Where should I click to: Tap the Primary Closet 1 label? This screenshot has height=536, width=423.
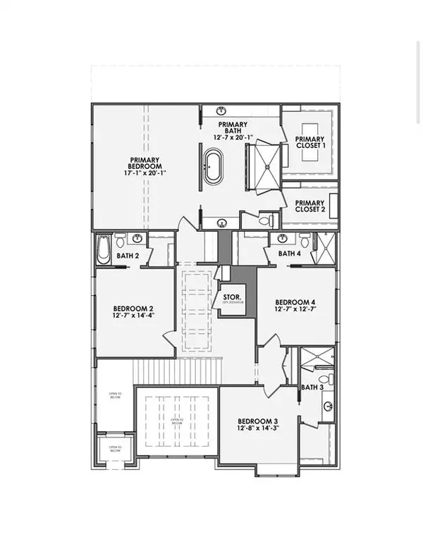click(309, 143)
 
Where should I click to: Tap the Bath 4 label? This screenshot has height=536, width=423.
click(289, 254)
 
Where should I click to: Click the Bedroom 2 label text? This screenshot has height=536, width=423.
click(133, 308)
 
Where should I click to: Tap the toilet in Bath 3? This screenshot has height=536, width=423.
click(322, 380)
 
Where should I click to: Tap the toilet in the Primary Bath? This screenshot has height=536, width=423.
click(265, 220)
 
